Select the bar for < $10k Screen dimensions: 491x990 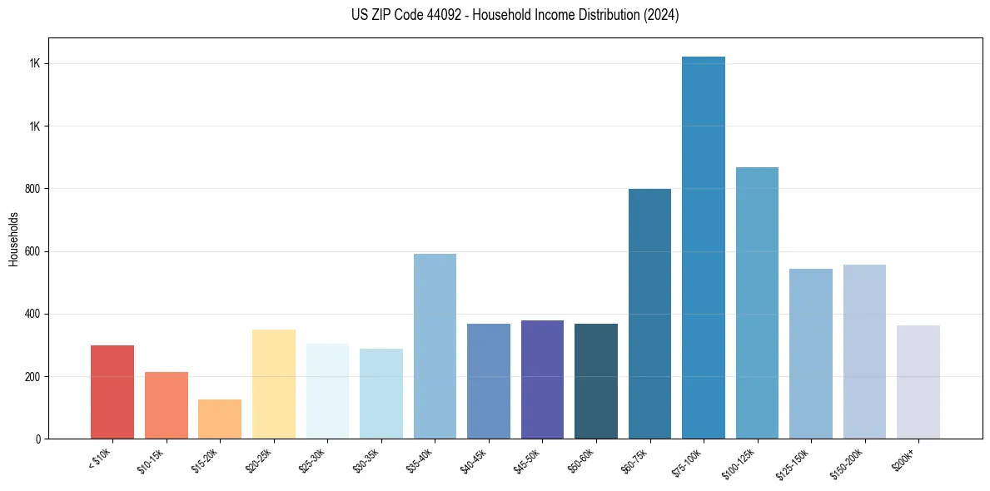click(112, 392)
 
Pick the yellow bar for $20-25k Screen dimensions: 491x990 click(274, 384)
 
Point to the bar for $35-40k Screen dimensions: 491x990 click(435, 346)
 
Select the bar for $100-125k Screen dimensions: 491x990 click(757, 303)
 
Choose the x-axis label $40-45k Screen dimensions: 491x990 click(474, 460)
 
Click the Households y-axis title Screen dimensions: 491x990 click(13, 239)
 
